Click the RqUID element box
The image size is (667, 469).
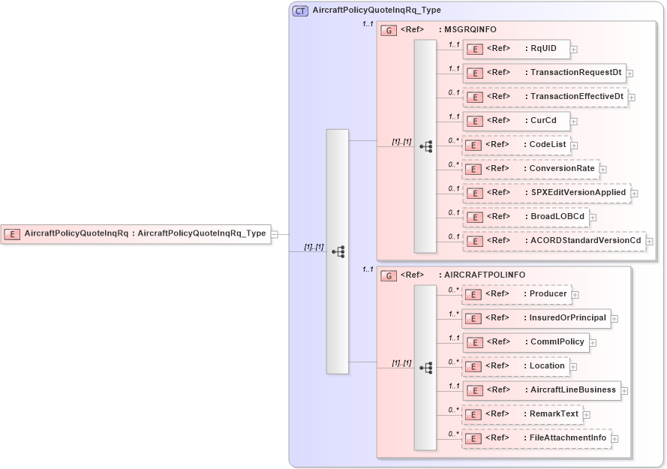pos(515,50)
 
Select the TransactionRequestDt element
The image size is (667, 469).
pos(544,74)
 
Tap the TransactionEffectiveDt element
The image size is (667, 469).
pos(545,98)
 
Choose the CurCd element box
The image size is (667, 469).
pos(515,121)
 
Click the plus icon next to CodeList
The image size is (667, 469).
pos(574,146)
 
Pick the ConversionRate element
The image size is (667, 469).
pos(530,169)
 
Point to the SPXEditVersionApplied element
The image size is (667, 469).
pos(546,193)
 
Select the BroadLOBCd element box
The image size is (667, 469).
pos(525,217)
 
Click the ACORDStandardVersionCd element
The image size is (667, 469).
pos(554,241)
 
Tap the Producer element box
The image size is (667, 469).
pos(515,295)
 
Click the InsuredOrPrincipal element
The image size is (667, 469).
pos(536,318)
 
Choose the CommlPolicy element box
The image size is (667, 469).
pos(525,342)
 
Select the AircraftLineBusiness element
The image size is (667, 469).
pos(541,390)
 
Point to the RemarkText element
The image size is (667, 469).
pos(522,414)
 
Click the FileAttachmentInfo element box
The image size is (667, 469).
pos(536,438)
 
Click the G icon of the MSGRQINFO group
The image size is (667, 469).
pos(389,31)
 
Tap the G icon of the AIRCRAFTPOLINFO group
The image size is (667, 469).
pos(389,276)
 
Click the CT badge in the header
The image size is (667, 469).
pos(300,11)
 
